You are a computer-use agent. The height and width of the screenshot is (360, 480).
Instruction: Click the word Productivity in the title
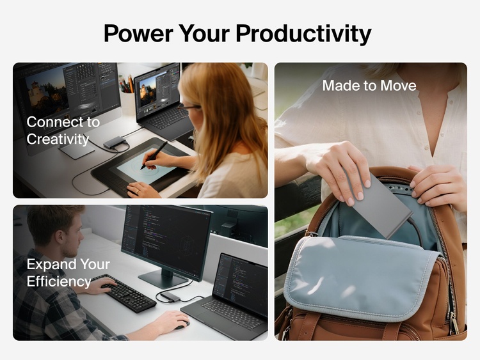pyautogui.click(x=303, y=33)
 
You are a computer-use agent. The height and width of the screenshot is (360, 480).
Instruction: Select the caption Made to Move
pyautogui.click(x=369, y=86)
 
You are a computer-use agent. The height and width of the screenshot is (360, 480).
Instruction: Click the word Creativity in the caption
pyautogui.click(x=58, y=138)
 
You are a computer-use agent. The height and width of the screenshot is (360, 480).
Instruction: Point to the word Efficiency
pyautogui.click(x=58, y=281)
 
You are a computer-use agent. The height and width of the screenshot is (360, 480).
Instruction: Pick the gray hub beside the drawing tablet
pyautogui.click(x=114, y=142)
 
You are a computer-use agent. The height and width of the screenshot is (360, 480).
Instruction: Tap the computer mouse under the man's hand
pyautogui.click(x=182, y=324)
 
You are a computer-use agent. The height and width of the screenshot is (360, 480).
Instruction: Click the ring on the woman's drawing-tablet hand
pyautogui.click(x=135, y=189)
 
